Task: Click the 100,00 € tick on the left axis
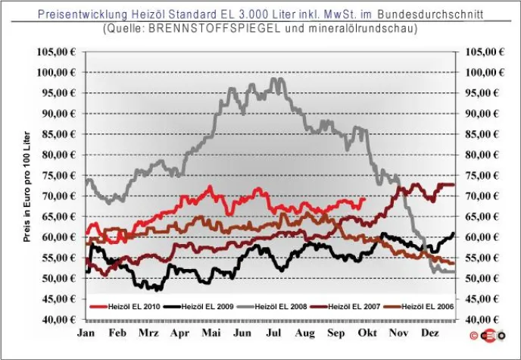click(57, 72)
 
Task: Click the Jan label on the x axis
click(87, 333)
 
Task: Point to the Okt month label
click(367, 333)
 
